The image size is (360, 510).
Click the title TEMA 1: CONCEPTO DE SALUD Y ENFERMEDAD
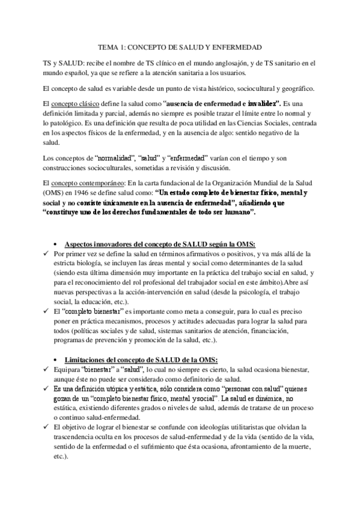point(180,46)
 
